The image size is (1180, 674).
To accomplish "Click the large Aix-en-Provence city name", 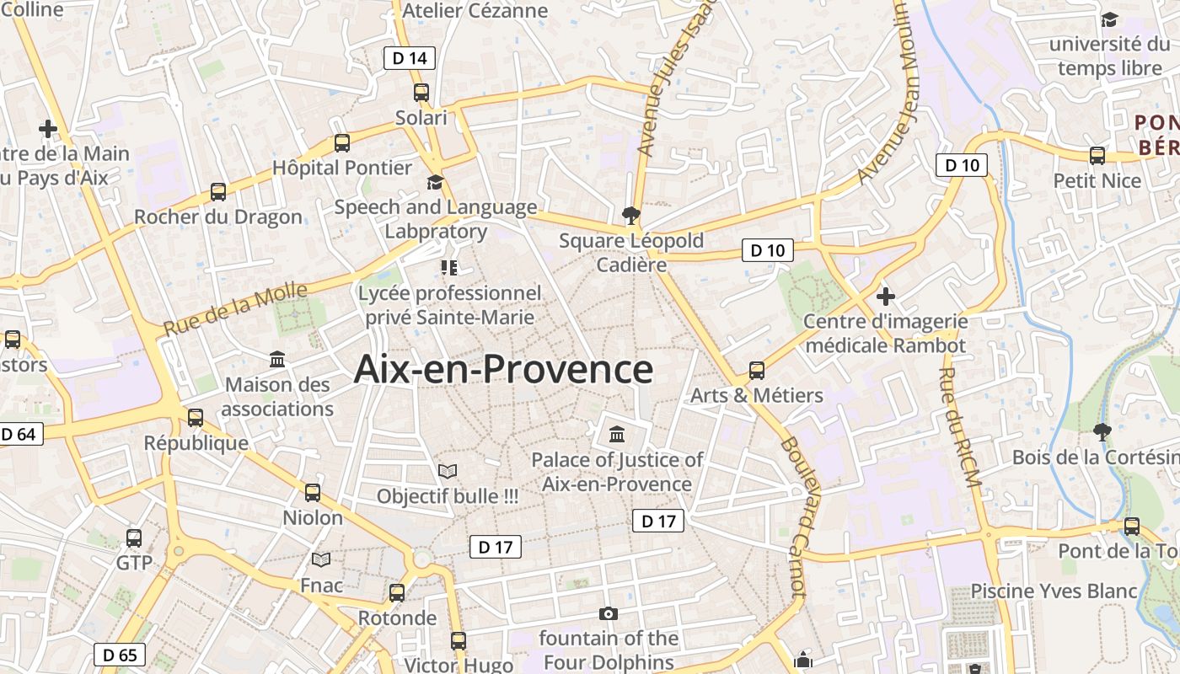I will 503,369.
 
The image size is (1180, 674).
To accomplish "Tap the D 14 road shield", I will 410,58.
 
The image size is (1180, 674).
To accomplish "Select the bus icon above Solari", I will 421,93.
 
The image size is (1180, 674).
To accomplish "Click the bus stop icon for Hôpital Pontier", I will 341,142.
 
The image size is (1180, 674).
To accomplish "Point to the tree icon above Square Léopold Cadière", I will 630,216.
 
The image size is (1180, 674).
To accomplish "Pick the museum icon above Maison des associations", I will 277,360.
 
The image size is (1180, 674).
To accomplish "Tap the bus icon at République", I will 196,417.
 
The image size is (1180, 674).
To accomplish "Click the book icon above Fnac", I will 321,559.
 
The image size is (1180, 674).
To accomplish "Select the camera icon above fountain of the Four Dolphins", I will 608,613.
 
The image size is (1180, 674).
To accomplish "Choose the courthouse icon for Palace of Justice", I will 617,435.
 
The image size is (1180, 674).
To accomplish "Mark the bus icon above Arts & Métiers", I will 757,370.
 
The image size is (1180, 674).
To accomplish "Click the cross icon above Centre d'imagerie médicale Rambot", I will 885,297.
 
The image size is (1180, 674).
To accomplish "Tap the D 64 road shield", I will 19,435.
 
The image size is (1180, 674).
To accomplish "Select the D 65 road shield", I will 119,655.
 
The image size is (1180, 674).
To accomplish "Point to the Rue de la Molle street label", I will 235,308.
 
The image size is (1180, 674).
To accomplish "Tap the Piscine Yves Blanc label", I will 1054,591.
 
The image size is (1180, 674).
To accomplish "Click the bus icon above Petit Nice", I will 1097,155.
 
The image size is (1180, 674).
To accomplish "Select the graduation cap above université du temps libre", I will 1109,19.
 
